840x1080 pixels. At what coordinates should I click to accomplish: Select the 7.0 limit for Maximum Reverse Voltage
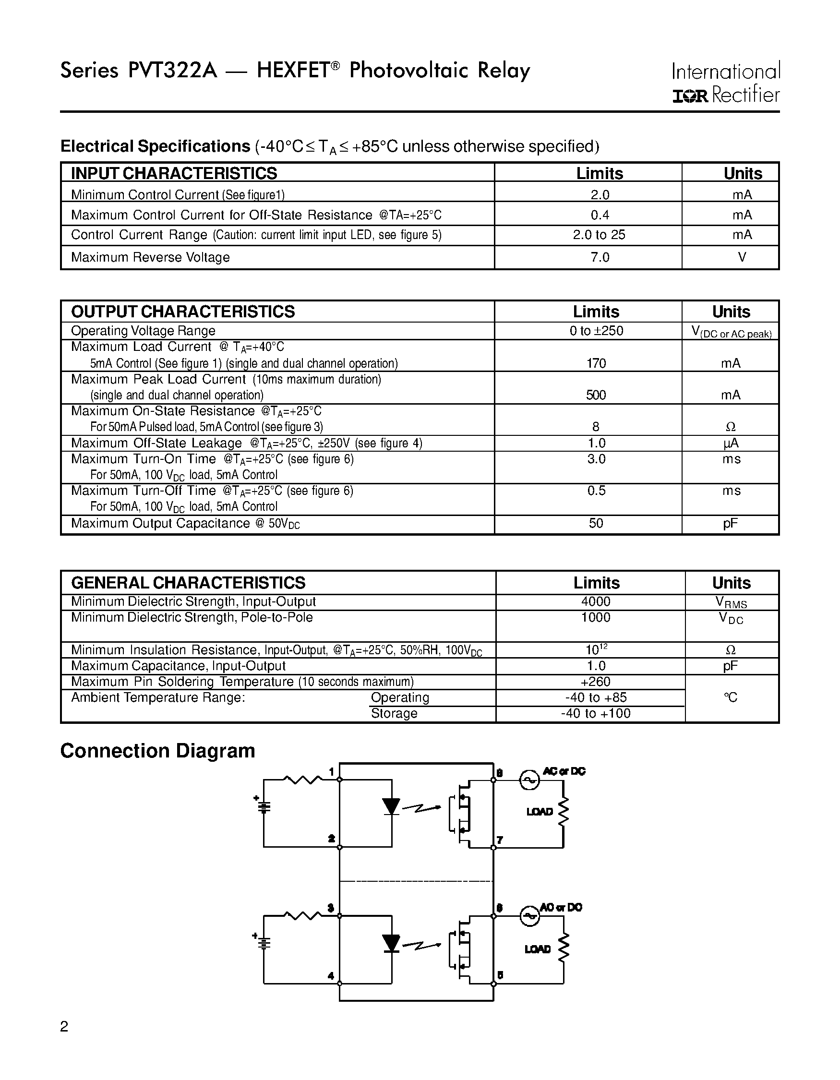click(600, 257)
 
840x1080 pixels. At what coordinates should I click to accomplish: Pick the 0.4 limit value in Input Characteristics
click(600, 215)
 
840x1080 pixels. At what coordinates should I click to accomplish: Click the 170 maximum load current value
click(596, 363)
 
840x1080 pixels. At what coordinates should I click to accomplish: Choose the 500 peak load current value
click(596, 395)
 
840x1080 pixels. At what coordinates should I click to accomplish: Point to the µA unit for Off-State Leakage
click(731, 443)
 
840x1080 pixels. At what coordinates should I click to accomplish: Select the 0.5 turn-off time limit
click(596, 491)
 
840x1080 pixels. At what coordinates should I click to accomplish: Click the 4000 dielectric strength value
click(596, 601)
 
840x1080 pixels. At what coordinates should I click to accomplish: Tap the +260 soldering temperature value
click(596, 682)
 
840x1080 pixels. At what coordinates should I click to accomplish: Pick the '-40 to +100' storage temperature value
click(596, 713)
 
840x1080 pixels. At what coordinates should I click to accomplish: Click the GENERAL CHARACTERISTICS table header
click(188, 583)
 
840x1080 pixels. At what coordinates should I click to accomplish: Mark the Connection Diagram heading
click(157, 751)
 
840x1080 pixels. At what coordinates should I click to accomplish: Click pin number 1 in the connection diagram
click(331, 772)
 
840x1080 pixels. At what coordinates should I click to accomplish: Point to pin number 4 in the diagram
click(331, 976)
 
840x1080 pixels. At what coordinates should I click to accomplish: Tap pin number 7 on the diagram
click(500, 840)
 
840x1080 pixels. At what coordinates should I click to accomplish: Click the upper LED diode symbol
click(392, 806)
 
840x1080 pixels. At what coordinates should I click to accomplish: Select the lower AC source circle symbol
click(529, 916)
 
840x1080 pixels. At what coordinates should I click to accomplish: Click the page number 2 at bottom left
click(64, 1027)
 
